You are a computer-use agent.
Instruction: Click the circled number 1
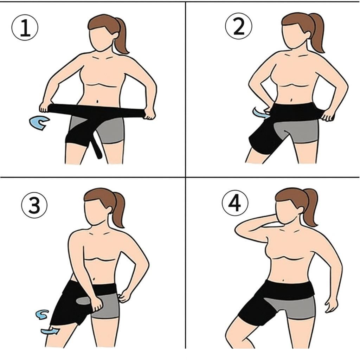click(x=25, y=27)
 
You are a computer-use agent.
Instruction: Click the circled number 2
click(x=239, y=26)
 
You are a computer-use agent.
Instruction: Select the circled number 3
click(x=34, y=205)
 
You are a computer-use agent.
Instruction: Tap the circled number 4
click(x=235, y=202)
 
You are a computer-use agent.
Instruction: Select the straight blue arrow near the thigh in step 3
click(x=50, y=331)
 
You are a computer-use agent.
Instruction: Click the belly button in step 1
click(x=98, y=101)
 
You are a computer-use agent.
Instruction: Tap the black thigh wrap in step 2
click(x=264, y=138)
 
